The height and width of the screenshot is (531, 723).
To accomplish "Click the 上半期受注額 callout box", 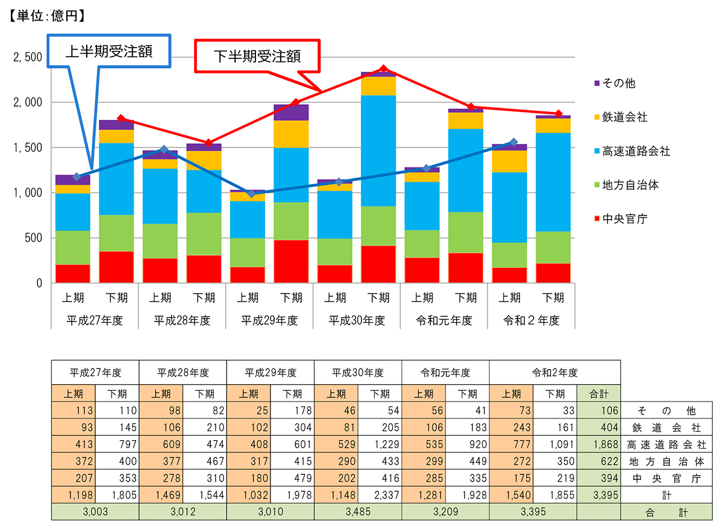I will (x=109, y=51).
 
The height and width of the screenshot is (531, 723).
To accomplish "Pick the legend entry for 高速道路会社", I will (x=636, y=151).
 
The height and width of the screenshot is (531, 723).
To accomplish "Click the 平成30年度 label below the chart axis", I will (x=357, y=320).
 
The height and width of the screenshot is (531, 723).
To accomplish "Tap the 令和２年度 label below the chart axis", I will (x=531, y=320).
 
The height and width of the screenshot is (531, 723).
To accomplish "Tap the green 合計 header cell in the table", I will (x=598, y=394).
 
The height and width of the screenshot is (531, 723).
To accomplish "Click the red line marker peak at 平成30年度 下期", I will (x=384, y=69).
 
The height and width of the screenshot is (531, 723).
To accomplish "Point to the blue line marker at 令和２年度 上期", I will (x=513, y=143).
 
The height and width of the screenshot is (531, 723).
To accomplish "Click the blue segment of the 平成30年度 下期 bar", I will (x=379, y=151).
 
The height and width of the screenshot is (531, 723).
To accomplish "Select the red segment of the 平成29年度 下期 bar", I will (x=292, y=261).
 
